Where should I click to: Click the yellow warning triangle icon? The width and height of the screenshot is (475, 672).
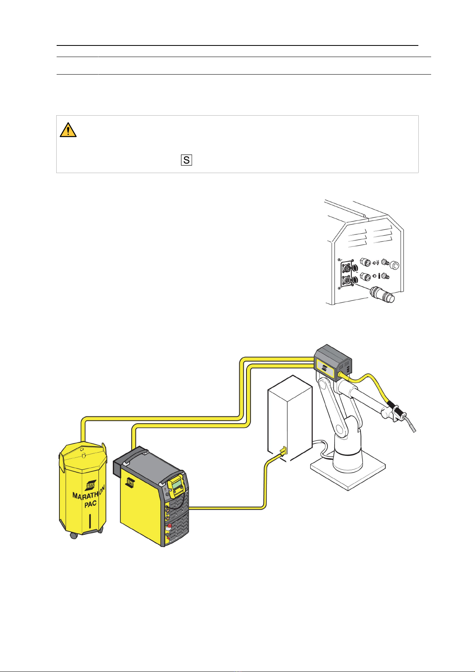tap(68, 130)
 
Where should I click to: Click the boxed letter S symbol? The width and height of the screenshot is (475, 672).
tap(186, 160)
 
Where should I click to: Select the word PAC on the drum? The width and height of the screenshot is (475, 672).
tap(91, 504)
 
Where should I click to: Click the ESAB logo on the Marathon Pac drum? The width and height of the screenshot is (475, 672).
tap(91, 484)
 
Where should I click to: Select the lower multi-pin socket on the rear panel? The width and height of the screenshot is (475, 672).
tap(345, 281)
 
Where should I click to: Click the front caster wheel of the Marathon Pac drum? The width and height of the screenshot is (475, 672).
tap(74, 536)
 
